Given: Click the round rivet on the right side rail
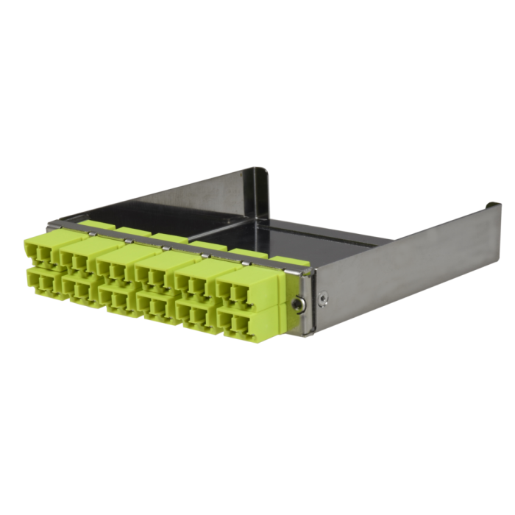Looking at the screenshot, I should click(x=324, y=298).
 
